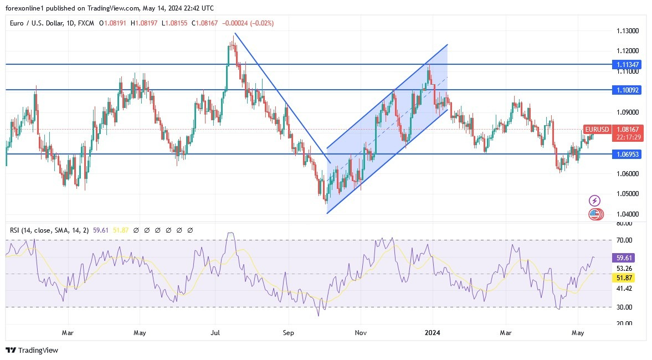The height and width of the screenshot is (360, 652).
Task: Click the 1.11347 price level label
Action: [x=628, y=65]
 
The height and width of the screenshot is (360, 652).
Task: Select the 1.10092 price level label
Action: [x=628, y=89]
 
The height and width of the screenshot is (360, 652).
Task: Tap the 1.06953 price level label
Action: [x=628, y=154]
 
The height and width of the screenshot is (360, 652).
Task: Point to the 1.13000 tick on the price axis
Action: [x=628, y=31]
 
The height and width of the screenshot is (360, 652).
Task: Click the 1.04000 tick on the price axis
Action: [x=628, y=214]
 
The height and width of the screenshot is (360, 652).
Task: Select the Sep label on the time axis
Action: [x=288, y=333]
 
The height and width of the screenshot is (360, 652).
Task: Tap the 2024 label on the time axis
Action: [x=432, y=333]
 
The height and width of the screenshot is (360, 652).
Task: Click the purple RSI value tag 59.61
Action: [x=623, y=258]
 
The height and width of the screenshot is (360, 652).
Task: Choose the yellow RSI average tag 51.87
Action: [x=623, y=277]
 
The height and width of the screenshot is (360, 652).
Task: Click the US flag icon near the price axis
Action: [x=595, y=214]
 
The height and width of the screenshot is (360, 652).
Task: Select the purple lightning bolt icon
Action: [x=595, y=200]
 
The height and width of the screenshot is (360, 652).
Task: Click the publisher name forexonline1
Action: [x=25, y=7]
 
